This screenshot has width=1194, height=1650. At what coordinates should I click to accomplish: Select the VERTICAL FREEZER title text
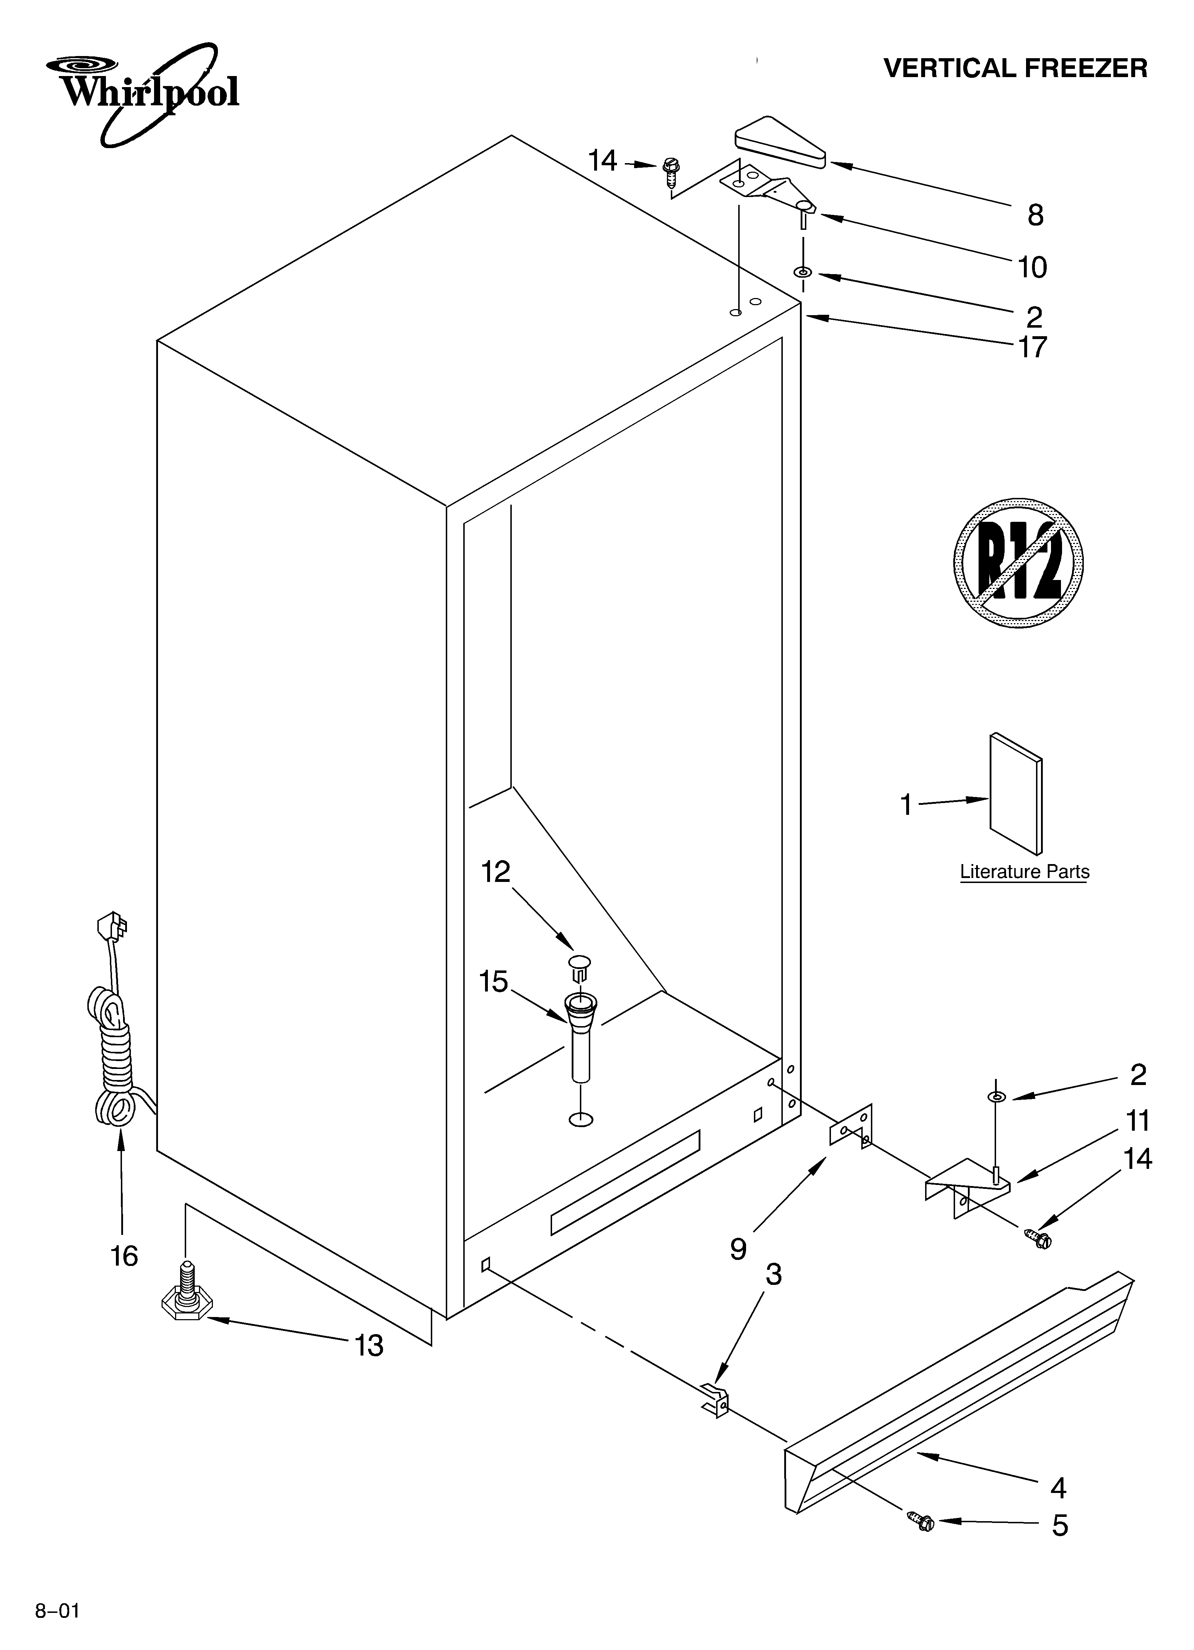(x=1015, y=69)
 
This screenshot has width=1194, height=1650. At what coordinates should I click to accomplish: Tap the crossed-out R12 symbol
(x=1018, y=564)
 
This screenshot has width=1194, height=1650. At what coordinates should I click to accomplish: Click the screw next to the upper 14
(x=670, y=172)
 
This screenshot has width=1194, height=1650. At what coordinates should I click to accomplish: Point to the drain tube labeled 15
(x=580, y=1040)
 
